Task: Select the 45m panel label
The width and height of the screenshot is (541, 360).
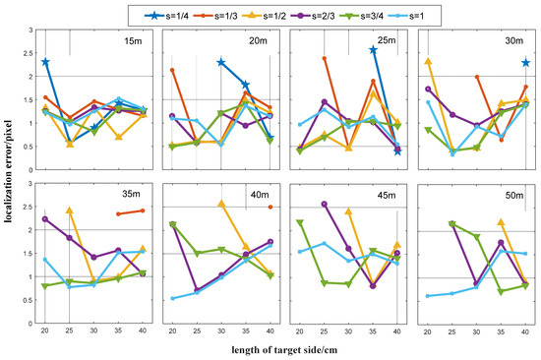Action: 382,195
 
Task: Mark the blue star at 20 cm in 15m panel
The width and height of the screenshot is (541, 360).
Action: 45,62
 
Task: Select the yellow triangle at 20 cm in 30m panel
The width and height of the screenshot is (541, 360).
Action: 428,61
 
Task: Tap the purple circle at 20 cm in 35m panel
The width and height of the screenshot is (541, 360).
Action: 45,219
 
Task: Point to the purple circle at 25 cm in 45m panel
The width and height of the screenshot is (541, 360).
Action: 325,204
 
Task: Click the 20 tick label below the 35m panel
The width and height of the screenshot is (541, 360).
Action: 45,331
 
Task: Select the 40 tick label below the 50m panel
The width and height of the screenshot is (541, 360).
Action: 526,331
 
